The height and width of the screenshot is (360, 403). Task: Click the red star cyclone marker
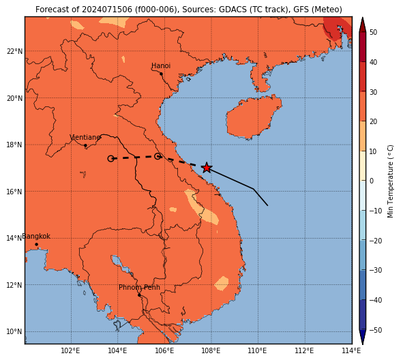(x=207, y=168)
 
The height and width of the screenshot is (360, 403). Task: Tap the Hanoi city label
(x=161, y=65)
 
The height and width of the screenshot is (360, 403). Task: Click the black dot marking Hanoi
(x=161, y=74)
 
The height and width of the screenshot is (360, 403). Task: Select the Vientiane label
(x=85, y=137)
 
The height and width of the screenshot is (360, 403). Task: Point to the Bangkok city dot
(x=37, y=244)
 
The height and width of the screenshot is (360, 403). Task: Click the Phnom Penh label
(x=139, y=287)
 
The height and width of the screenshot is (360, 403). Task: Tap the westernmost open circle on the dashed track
(x=110, y=159)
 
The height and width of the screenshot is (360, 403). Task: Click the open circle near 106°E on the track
(x=158, y=156)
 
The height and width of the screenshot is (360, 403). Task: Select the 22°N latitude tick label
(x=14, y=51)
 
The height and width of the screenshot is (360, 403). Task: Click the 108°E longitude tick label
(x=211, y=350)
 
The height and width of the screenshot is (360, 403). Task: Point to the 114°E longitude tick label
(x=351, y=350)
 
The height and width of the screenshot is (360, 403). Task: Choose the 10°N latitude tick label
(x=14, y=332)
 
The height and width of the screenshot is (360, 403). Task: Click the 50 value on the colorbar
(x=374, y=32)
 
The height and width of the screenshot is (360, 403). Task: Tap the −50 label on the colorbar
(x=376, y=330)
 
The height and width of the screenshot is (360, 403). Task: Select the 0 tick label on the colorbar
(x=372, y=181)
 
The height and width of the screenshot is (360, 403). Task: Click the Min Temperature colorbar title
(x=390, y=181)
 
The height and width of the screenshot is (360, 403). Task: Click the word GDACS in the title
(x=230, y=10)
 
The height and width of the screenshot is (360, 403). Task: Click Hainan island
(x=254, y=117)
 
